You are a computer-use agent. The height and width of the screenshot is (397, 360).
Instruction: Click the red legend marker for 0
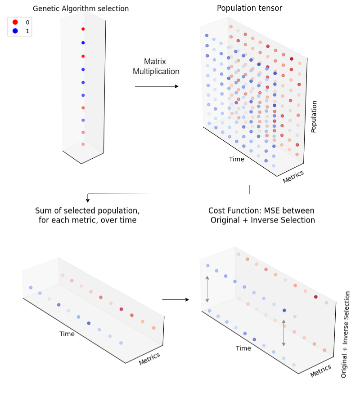coord(15,22)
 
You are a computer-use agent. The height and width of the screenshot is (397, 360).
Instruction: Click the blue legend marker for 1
coord(15,31)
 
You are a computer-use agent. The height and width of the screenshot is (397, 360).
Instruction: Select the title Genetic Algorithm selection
coord(81,9)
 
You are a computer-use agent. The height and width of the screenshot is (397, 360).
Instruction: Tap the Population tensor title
coord(249,8)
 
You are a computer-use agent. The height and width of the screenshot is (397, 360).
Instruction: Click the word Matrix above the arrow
coord(155,62)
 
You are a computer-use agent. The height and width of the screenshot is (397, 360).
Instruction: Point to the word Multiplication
coord(156,71)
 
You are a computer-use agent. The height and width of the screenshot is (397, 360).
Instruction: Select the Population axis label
coord(314,116)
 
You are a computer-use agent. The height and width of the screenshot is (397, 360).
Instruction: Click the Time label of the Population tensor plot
coord(237,159)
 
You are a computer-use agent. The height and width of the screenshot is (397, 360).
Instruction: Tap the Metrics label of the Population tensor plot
coord(293,177)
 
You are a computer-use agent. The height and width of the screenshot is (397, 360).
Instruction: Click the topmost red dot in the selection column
coord(83,29)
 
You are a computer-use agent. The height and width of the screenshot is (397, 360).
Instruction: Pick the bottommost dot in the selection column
coord(83,144)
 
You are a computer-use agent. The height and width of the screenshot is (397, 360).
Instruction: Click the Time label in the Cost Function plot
coord(243,348)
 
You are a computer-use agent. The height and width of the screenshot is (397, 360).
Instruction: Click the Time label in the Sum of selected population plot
coord(67,334)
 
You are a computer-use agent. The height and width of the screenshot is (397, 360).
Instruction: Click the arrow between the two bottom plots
coord(175,299)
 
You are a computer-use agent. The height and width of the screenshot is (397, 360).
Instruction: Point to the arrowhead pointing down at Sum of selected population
coord(88,201)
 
